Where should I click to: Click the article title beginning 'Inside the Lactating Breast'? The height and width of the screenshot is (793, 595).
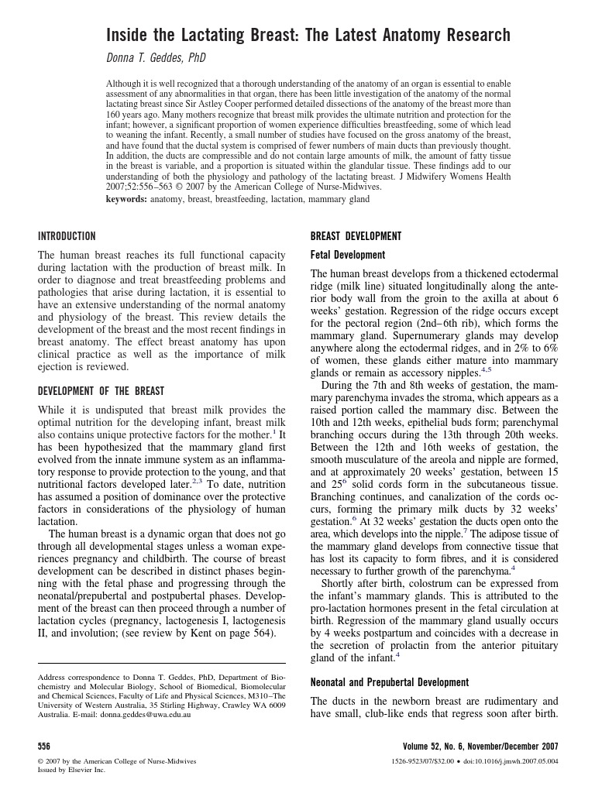pos(308,35)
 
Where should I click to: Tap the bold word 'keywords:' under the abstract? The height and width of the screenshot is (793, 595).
pos(128,199)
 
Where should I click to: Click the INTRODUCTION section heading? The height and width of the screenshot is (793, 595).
pos(67,236)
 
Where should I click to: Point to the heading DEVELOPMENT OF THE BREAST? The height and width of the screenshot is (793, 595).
pos(101,391)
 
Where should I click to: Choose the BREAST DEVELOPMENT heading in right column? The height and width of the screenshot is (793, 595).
pos(356,236)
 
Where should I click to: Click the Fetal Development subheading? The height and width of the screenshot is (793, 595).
pos(348,255)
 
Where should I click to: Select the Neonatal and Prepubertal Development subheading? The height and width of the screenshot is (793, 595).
pos(390,682)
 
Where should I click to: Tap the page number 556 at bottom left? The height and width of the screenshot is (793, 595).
pos(44,747)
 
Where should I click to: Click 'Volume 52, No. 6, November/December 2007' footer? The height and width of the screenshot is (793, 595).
pos(480,747)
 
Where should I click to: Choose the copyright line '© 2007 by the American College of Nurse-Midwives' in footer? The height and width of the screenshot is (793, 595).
pos(117,762)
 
